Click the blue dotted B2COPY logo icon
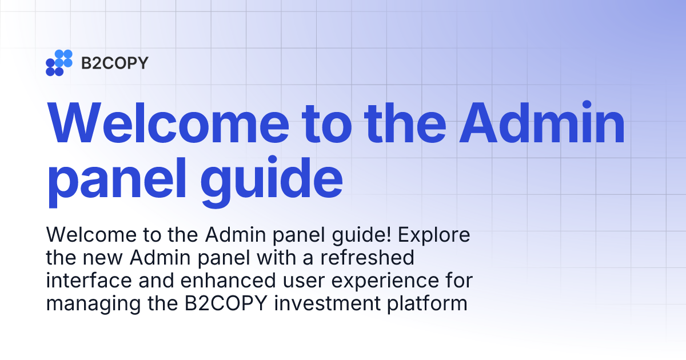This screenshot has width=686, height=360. pyautogui.click(x=59, y=63)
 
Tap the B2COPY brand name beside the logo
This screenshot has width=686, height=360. pyautogui.click(x=114, y=63)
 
